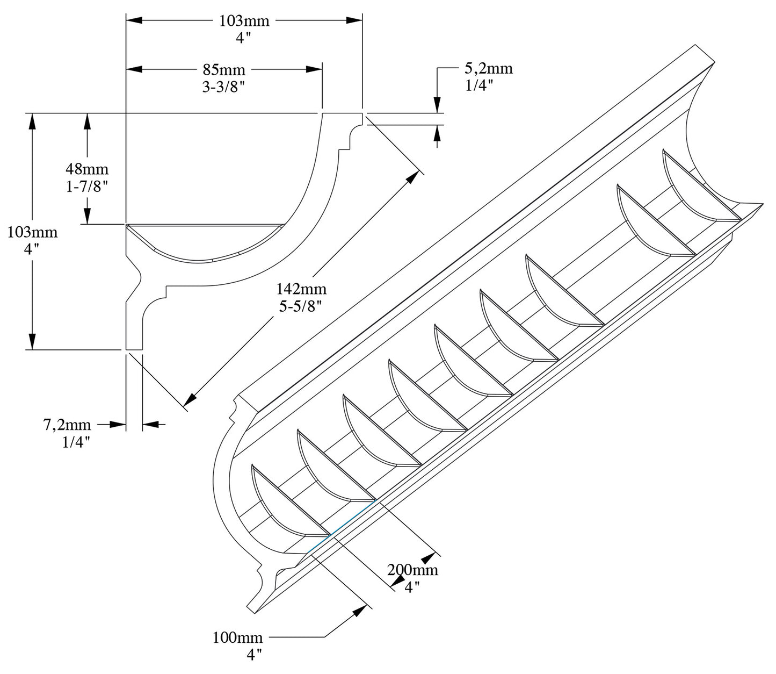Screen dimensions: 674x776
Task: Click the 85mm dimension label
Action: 224,70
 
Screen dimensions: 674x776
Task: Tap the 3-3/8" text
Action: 223,87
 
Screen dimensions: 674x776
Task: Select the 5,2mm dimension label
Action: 488,69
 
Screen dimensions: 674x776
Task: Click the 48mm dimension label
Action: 87,169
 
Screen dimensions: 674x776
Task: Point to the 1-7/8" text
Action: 87,187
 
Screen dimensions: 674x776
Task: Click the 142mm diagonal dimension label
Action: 301,289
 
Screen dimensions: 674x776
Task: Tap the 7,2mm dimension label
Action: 67,425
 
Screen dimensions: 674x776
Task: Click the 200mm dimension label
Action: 413,570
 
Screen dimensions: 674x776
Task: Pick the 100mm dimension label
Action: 238,638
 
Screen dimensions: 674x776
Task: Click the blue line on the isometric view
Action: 341,527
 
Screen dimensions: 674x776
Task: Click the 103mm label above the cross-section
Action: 244,21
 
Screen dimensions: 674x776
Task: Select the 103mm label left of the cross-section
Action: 32,233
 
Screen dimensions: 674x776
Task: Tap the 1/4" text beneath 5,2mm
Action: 479,85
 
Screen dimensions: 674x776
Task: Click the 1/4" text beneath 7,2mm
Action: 75,442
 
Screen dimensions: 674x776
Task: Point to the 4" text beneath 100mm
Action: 254,655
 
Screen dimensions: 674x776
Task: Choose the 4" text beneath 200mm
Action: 412,587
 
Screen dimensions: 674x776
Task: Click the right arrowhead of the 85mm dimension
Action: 314,69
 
